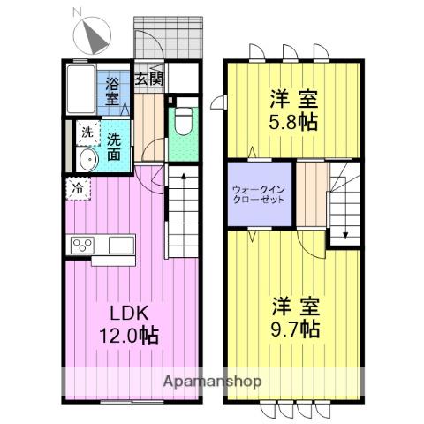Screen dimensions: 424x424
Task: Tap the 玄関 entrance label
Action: click(x=148, y=78)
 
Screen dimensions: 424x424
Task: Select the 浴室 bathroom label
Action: click(x=113, y=91)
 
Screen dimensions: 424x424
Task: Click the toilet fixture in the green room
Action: click(x=184, y=119)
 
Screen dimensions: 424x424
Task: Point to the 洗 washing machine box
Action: click(x=87, y=132)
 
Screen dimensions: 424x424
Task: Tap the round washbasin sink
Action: click(x=87, y=160)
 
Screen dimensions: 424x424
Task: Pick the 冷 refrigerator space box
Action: click(x=79, y=187)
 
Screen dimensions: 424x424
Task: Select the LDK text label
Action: click(x=128, y=313)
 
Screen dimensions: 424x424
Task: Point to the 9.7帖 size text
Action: click(x=295, y=329)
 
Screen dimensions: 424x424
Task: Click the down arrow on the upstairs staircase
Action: click(x=345, y=233)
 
